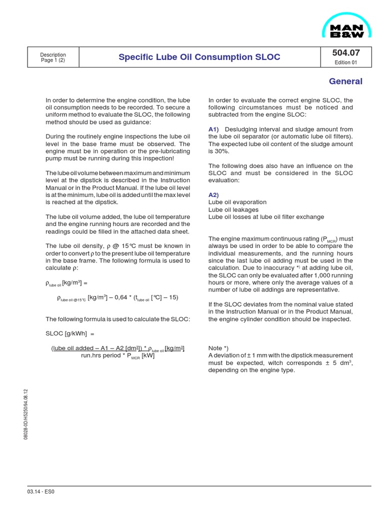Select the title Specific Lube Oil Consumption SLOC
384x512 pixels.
point(199,57)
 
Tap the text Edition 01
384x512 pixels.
point(345,63)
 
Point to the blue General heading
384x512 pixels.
point(345,81)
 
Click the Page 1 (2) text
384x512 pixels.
point(53,60)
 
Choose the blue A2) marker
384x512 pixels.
point(213,194)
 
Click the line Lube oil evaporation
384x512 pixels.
point(237,202)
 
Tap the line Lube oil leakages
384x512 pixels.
point(233,209)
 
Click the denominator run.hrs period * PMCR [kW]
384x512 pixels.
point(117,356)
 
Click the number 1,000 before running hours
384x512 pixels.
point(311,275)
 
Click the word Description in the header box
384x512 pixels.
point(53,54)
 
